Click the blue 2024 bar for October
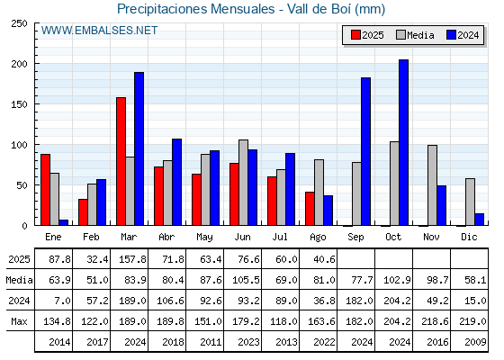tap(404, 142)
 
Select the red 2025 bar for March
tap(121, 161)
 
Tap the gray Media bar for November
tap(432, 185)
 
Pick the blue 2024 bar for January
tap(64, 223)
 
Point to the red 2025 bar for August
tap(310, 209)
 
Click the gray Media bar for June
tap(243, 183)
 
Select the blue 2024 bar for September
tap(365, 151)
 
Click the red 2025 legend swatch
tap(355, 35)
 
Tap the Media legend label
tap(420, 35)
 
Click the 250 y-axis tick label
tap(19, 23)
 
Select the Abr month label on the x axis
tap(166, 237)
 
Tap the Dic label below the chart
tap(469, 237)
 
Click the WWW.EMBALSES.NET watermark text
tap(99, 31)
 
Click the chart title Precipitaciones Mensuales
tap(196, 9)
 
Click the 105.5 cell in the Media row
tap(246, 280)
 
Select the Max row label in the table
tap(19, 321)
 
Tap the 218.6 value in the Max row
tap(435, 321)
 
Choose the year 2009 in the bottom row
tap(475, 342)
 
